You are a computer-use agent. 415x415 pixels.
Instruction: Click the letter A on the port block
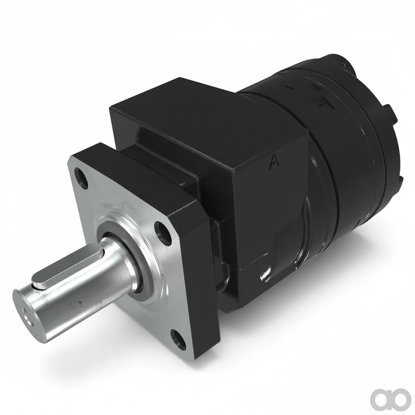click(x=274, y=160)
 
